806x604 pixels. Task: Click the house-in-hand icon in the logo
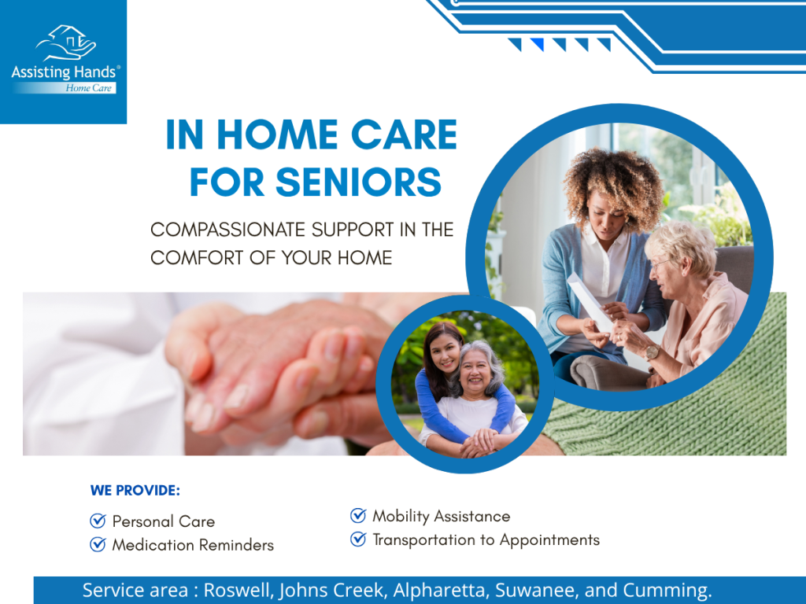66,42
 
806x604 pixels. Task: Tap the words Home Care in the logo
88,88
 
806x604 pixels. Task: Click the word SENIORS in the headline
359,182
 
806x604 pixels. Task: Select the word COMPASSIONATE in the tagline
227,230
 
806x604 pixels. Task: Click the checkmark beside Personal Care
98,521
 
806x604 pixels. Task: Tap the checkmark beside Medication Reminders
98,544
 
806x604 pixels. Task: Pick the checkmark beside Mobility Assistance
358,515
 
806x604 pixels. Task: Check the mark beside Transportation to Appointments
358,539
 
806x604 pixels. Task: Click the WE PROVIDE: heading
135,491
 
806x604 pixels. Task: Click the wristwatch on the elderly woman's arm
653,352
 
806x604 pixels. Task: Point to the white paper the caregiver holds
590,303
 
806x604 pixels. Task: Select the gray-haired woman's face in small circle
474,371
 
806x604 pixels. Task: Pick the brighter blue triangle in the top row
537,45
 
